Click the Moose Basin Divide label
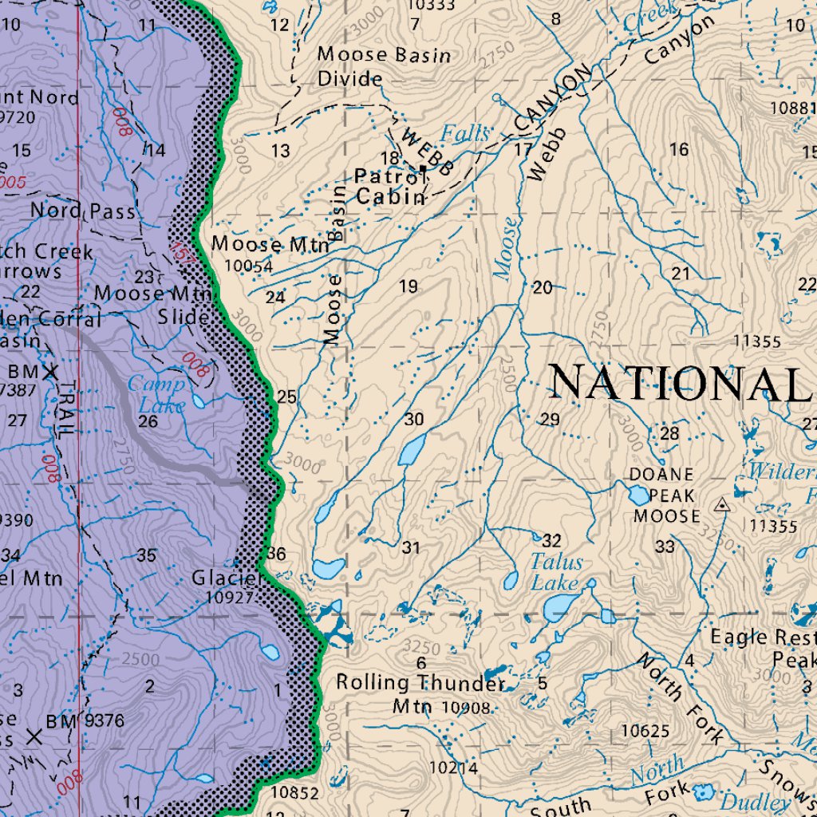pos(384,66)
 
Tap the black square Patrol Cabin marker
pos(423,168)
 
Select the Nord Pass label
pos(83,211)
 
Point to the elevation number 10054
pos(248,266)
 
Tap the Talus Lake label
pos(557,572)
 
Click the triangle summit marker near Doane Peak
pos(722,504)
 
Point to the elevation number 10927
pos(230,597)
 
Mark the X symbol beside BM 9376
pos(34,736)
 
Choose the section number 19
pos(408,286)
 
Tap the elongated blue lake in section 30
pos(412,450)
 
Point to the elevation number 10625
pos(645,730)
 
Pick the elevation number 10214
pos(453,768)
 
